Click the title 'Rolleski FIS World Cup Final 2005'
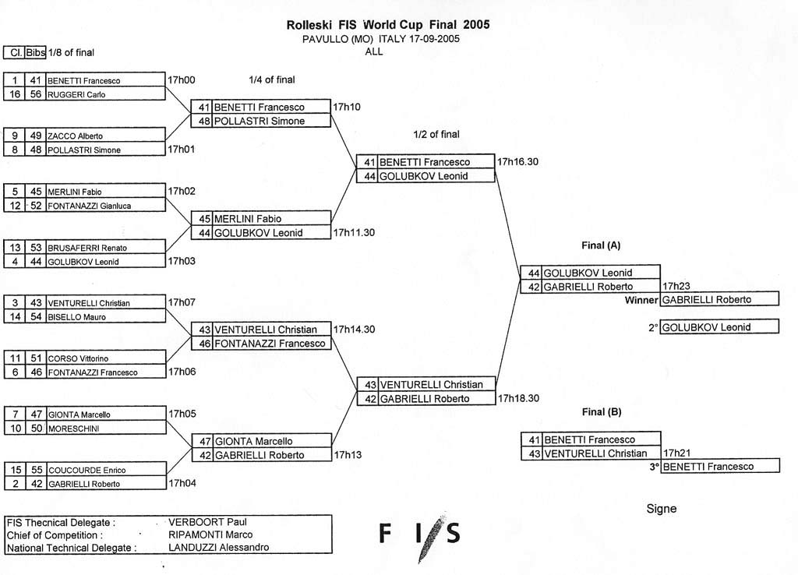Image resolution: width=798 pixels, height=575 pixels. (x=388, y=24)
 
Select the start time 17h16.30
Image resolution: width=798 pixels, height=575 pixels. (x=517, y=162)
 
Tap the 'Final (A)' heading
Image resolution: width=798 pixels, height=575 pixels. (x=601, y=245)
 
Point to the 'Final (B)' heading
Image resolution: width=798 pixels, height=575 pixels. (x=602, y=411)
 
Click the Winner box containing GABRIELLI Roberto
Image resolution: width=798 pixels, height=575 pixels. (x=719, y=299)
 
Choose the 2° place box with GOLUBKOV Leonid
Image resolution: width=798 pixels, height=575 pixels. (x=719, y=326)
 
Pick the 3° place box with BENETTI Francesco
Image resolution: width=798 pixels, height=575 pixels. (x=720, y=466)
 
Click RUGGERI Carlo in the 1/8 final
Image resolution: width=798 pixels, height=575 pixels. (x=76, y=94)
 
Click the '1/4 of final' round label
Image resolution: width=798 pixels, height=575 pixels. (x=272, y=80)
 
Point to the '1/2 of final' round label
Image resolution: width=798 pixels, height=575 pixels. (x=436, y=134)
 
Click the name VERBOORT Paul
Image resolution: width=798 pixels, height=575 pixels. (x=207, y=522)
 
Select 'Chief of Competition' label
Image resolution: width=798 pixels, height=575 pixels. (x=55, y=535)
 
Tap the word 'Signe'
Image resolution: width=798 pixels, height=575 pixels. (x=662, y=509)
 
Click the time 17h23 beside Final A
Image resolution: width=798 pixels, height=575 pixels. (x=676, y=286)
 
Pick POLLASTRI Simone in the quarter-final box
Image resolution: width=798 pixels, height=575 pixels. (x=260, y=121)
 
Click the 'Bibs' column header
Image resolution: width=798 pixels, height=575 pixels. (x=36, y=52)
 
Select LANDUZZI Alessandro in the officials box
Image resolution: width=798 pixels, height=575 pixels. (x=219, y=548)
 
